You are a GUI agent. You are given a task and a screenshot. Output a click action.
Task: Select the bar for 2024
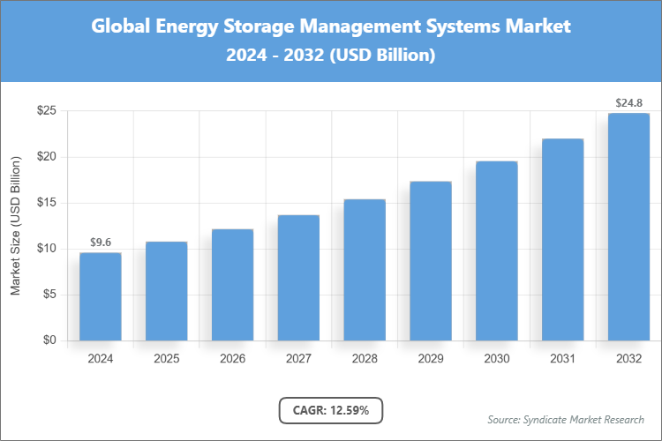click(100, 296)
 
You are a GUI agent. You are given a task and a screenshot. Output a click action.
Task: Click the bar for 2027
click(298, 278)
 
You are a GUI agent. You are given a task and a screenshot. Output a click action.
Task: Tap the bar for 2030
click(497, 250)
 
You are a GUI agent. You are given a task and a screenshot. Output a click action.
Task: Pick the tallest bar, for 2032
click(628, 227)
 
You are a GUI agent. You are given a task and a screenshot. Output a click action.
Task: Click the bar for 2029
click(431, 261)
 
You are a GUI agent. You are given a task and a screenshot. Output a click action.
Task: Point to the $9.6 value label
click(100, 242)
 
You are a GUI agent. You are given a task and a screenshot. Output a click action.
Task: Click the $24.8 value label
click(628, 102)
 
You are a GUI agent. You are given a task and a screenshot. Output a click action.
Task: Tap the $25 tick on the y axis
click(47, 111)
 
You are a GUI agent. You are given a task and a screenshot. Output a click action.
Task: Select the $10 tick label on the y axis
click(47, 249)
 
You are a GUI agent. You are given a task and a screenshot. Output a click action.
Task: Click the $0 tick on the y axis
click(49, 340)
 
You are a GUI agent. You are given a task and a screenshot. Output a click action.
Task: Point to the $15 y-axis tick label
click(47, 203)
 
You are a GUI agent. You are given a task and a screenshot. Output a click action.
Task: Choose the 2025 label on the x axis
click(166, 359)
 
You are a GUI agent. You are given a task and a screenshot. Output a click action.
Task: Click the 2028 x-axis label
click(365, 359)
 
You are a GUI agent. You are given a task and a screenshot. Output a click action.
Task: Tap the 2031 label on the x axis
click(562, 359)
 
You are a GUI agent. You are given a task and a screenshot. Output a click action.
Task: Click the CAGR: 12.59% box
click(331, 410)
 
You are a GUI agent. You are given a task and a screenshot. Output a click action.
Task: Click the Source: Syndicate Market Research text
click(565, 419)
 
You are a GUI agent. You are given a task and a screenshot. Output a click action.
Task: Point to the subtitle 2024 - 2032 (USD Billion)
click(331, 55)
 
